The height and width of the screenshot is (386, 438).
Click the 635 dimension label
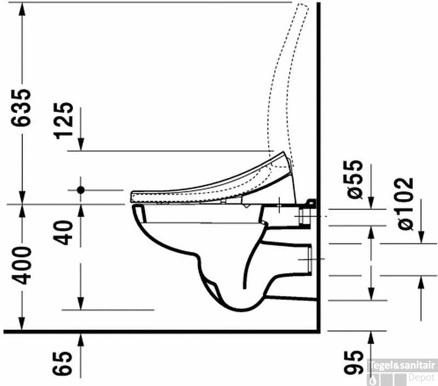(21, 107)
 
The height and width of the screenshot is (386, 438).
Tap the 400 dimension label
(21, 266)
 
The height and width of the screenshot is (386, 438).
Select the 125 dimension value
(64, 121)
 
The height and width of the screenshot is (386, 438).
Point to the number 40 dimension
(63, 233)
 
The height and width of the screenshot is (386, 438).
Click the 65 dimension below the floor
(62, 363)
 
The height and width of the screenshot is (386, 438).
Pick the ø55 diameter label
(355, 179)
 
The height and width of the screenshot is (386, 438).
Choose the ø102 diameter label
(405, 203)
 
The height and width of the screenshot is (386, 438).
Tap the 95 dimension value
(354, 362)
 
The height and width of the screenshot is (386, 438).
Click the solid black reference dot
(80, 190)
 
